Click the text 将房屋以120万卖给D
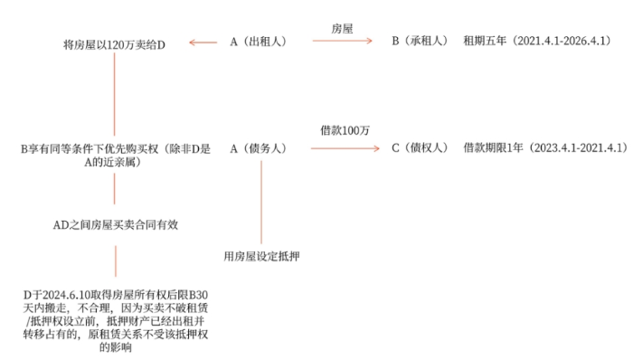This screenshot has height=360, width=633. [115, 42]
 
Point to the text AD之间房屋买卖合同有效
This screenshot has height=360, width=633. [115, 225]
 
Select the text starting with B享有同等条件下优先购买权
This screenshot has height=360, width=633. [115, 153]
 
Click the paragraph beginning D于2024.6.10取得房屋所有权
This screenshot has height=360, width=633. [115, 321]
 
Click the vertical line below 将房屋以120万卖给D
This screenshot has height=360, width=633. [115, 90]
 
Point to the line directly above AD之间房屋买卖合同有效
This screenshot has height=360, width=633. [115, 190]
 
